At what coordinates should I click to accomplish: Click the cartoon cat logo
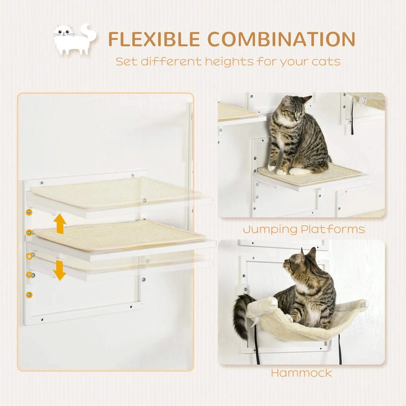click(x=74, y=39)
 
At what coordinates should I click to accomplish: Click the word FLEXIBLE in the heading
click(x=154, y=39)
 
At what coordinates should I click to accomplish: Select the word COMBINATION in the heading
click(x=281, y=39)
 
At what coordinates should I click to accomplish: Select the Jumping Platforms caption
click(x=303, y=229)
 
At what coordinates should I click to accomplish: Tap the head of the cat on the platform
click(x=294, y=109)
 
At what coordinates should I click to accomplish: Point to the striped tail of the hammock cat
click(x=241, y=316)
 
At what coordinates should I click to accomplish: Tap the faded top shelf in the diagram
click(x=116, y=193)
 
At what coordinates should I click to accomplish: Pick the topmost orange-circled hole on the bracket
click(x=28, y=212)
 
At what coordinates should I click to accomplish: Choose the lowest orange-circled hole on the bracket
click(x=30, y=295)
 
